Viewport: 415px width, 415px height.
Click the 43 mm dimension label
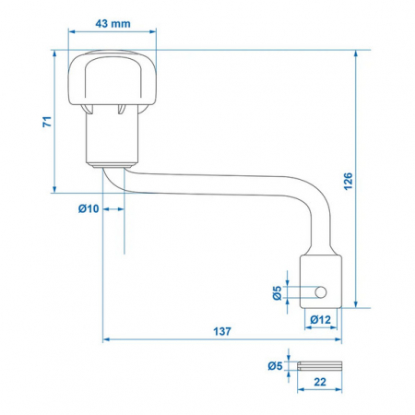[113, 23]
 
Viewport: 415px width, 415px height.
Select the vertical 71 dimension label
[47, 122]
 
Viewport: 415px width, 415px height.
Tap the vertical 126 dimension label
[349, 182]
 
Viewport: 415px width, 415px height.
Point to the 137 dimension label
[222, 331]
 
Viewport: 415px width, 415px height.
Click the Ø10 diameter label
[89, 208]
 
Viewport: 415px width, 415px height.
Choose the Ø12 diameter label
[321, 320]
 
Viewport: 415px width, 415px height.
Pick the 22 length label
[320, 382]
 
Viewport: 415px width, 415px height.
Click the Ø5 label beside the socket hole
[278, 292]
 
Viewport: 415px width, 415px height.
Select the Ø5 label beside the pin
[275, 366]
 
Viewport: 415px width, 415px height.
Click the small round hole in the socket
[321, 292]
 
